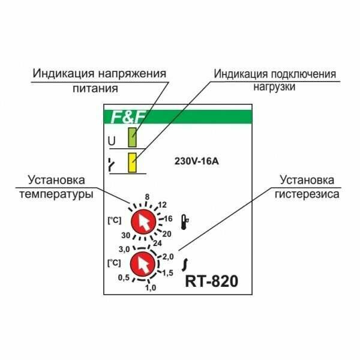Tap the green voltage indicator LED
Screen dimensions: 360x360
click(132, 140)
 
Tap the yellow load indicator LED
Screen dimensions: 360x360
click(132, 163)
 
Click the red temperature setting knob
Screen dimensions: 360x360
click(143, 223)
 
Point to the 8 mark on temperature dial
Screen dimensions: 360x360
click(146, 196)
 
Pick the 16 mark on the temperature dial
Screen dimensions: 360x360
click(169, 218)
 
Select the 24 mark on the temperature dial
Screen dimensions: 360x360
click(157, 244)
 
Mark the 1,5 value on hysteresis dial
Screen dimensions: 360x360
click(168, 273)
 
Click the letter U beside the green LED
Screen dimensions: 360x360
click(111, 141)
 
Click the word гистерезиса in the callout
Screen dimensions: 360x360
click(308, 194)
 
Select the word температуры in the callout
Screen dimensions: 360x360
click(58, 194)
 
